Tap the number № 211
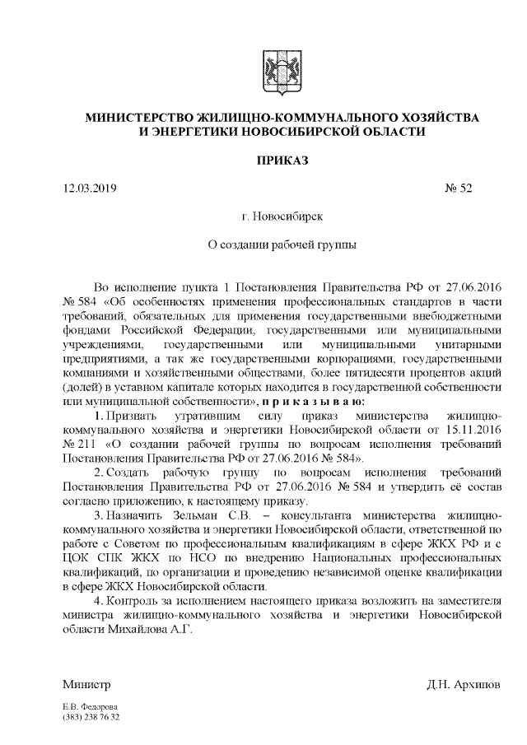80,445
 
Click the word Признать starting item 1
128,416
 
